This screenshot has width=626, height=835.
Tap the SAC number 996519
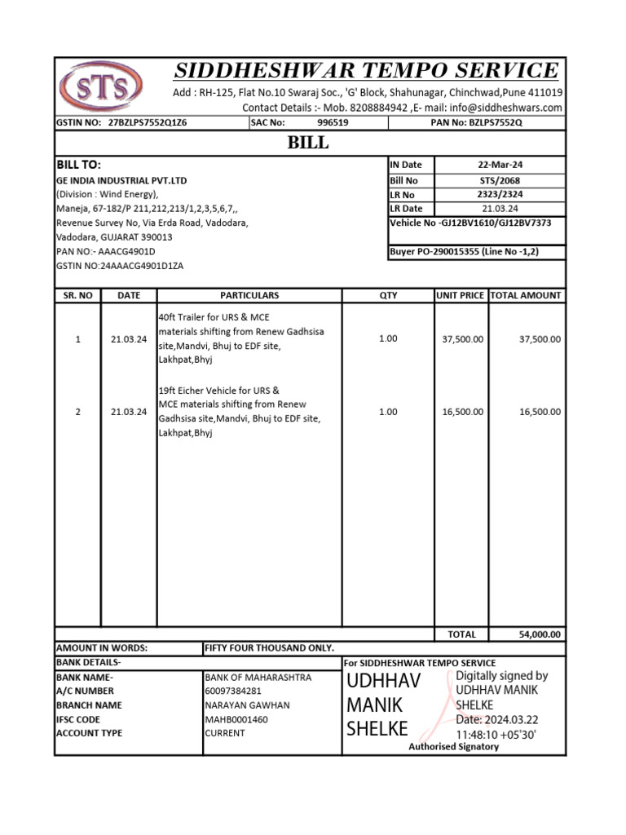(x=333, y=122)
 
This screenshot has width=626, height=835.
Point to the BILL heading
(x=309, y=143)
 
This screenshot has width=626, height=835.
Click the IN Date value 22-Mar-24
(x=500, y=165)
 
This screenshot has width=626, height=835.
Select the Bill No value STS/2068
(x=500, y=180)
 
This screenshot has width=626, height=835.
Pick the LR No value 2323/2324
(x=500, y=195)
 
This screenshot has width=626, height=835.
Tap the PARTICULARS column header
(x=249, y=295)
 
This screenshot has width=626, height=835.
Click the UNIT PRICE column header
(x=460, y=295)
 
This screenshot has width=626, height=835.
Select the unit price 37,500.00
(x=462, y=338)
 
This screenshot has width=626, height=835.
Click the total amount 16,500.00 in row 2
(x=540, y=412)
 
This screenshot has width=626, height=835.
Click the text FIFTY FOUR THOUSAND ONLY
(x=270, y=647)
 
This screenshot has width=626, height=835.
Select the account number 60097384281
(x=234, y=691)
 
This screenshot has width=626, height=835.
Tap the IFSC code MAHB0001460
(x=236, y=719)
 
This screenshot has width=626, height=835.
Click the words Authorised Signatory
(x=453, y=746)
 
